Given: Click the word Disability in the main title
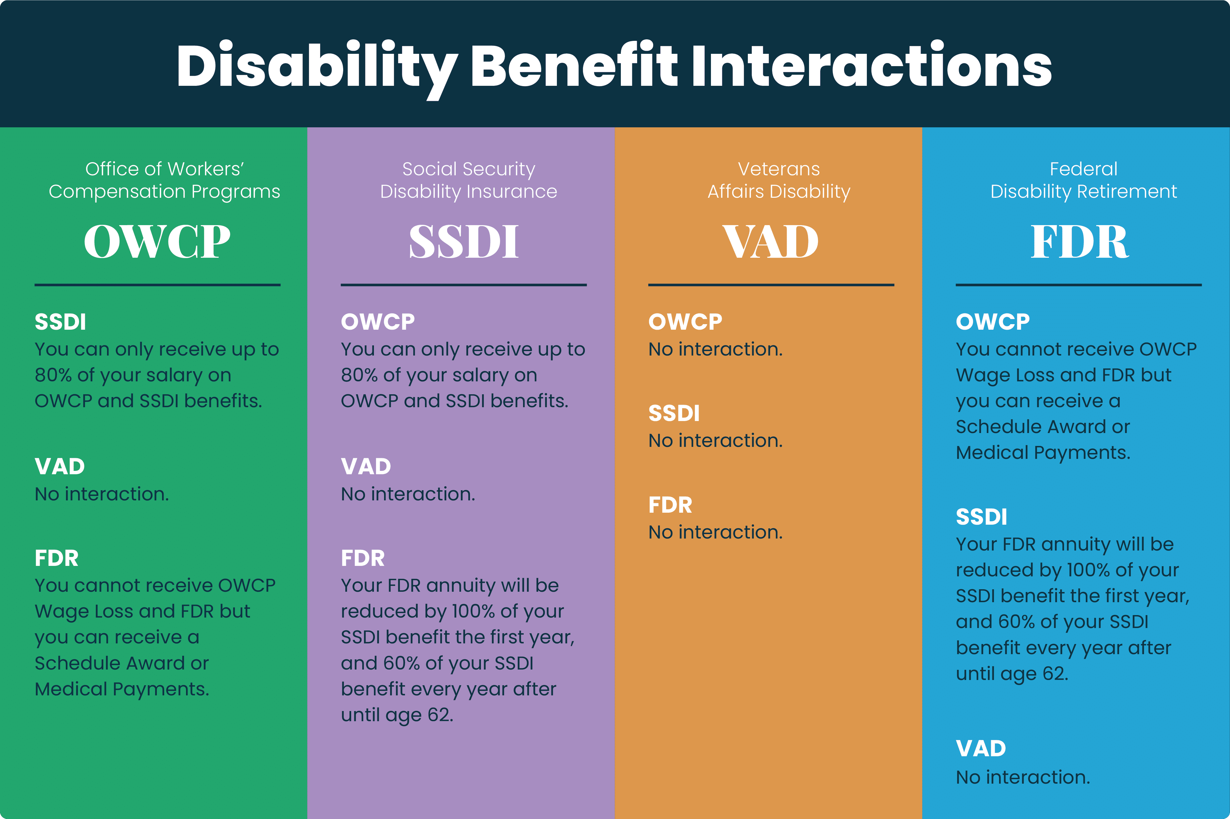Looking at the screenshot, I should click(316, 66).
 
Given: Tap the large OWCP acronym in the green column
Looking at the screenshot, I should click(157, 241).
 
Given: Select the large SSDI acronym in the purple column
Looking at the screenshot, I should click(464, 241).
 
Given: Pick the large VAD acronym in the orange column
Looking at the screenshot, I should click(771, 241).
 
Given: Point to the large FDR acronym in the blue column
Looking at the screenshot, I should click(1079, 241).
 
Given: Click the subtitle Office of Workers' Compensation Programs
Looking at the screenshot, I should click(164, 180).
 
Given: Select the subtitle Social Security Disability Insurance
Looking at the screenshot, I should click(469, 180).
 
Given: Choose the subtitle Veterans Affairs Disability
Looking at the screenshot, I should click(779, 180).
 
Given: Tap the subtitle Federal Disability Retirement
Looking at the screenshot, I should click(1084, 180).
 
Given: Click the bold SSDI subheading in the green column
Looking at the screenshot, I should click(60, 322).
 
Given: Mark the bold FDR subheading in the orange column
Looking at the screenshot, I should click(670, 505).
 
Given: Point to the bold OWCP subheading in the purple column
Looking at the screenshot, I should click(378, 322).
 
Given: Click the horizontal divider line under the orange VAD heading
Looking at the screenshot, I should click(771, 285).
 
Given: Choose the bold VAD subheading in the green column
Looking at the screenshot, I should click(60, 467).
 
